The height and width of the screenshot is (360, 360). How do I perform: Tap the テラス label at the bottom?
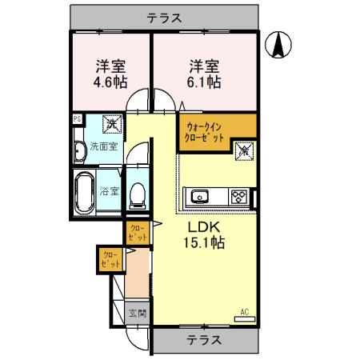click(x=205, y=338)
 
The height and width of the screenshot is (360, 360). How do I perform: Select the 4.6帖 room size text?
click(x=110, y=82)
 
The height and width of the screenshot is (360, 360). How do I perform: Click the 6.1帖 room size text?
click(x=205, y=82)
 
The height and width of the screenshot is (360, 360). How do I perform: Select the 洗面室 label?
click(x=103, y=147)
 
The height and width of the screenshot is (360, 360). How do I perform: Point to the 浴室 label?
click(x=110, y=192)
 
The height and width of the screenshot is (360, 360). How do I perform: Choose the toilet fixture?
click(x=137, y=193)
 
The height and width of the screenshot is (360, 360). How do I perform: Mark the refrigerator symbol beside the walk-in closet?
click(x=242, y=149)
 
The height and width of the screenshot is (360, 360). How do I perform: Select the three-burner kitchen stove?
click(x=238, y=196)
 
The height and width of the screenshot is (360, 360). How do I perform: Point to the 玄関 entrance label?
click(x=137, y=313)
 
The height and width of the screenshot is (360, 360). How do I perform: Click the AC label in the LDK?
click(x=244, y=312)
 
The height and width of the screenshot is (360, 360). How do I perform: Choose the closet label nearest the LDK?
click(x=137, y=234)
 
